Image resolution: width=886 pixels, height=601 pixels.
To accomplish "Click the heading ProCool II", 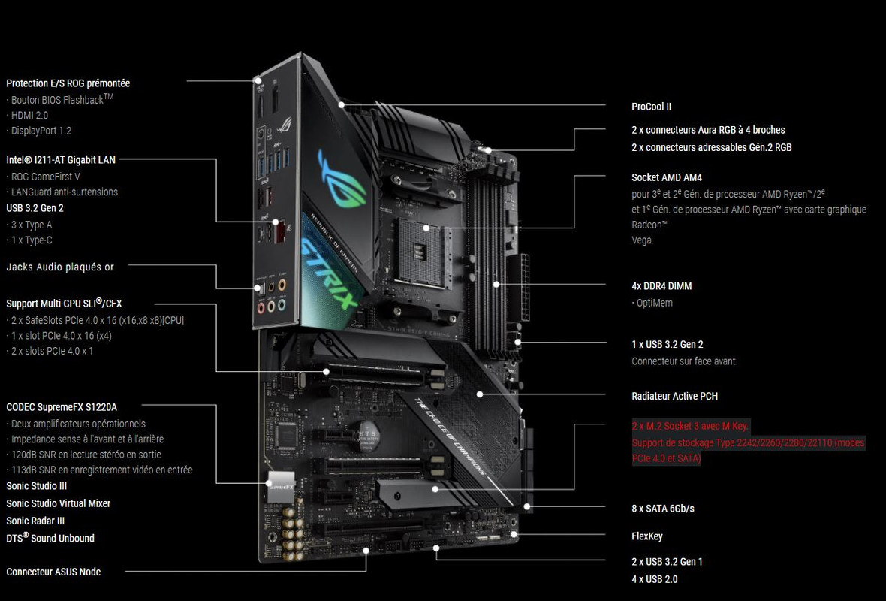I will point(651,107).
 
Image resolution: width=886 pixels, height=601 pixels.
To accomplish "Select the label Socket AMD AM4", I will point(667,177).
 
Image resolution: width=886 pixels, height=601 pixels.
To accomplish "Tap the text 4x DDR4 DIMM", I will point(661,286).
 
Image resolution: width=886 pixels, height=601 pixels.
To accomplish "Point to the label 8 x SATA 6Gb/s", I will point(663,509).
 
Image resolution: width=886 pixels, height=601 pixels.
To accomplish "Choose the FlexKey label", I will point(646,536).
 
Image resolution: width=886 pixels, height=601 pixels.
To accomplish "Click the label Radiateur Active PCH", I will point(675,396).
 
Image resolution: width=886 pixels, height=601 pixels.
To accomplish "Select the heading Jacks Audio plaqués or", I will point(60,267).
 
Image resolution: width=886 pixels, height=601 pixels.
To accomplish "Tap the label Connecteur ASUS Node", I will point(53,572).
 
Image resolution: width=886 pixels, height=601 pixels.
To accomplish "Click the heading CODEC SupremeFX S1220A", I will point(62,407).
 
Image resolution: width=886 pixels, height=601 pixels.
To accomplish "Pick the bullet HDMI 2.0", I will point(29,115).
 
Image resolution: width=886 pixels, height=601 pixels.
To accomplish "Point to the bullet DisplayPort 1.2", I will point(41,131).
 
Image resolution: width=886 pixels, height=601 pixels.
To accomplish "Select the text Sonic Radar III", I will point(35,521).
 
